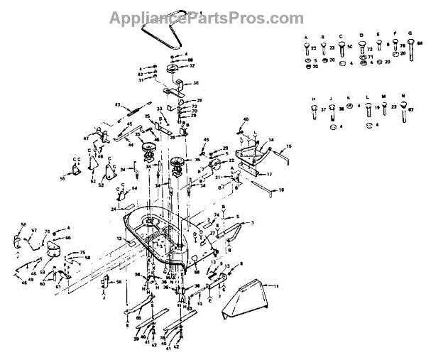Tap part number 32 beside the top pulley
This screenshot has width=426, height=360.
[192, 65]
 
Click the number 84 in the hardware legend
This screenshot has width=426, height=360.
[420, 44]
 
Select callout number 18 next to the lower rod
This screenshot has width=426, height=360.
[282, 190]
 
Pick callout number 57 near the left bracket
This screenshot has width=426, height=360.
[33, 231]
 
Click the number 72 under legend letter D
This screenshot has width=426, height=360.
[369, 50]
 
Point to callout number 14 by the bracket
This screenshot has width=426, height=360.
[270, 141]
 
